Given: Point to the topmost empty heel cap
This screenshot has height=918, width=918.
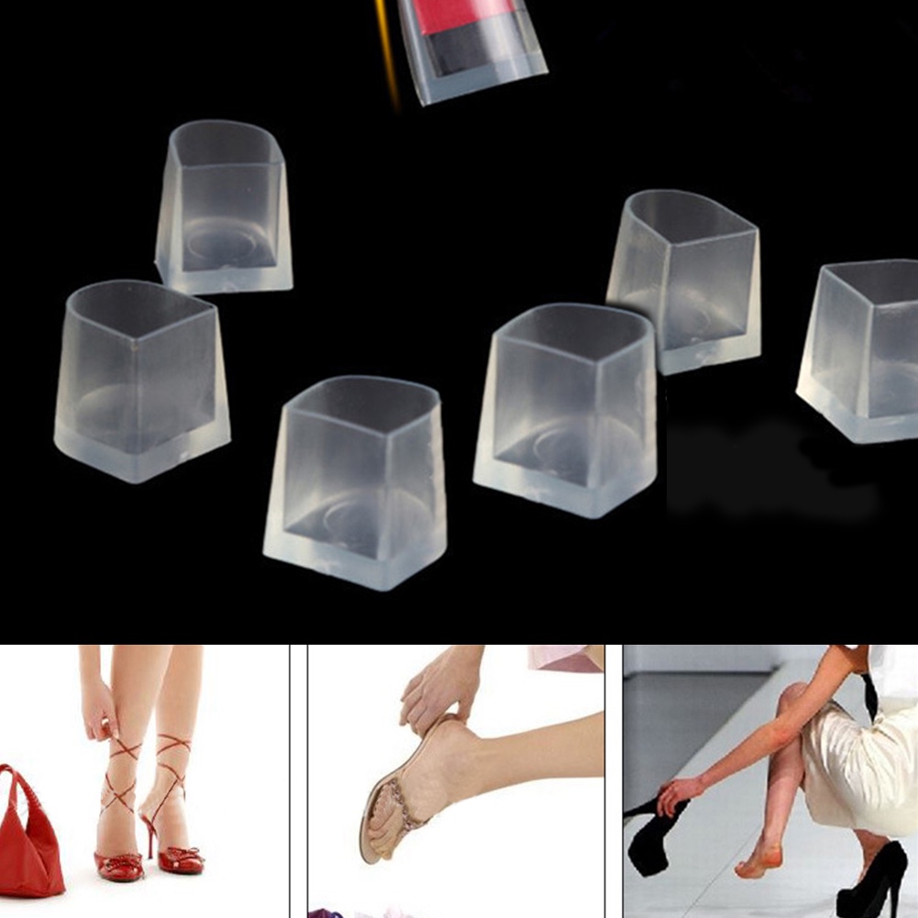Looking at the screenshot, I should click(225, 206).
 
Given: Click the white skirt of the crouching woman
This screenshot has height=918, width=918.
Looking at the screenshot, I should click(853, 761).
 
